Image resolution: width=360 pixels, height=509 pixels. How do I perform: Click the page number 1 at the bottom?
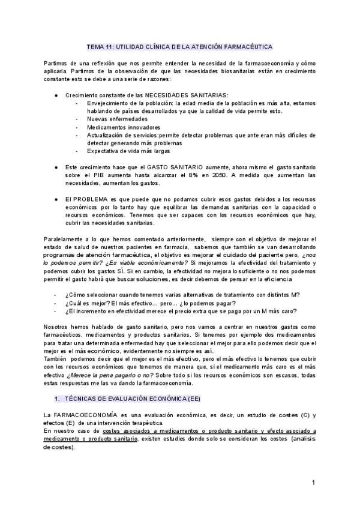[313, 483]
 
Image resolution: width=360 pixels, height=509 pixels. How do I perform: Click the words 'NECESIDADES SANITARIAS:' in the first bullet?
[190, 95]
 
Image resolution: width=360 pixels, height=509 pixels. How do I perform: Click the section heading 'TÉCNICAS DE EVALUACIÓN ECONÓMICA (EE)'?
[127, 399]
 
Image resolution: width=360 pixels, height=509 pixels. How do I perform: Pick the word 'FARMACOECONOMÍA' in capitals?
[89, 415]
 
